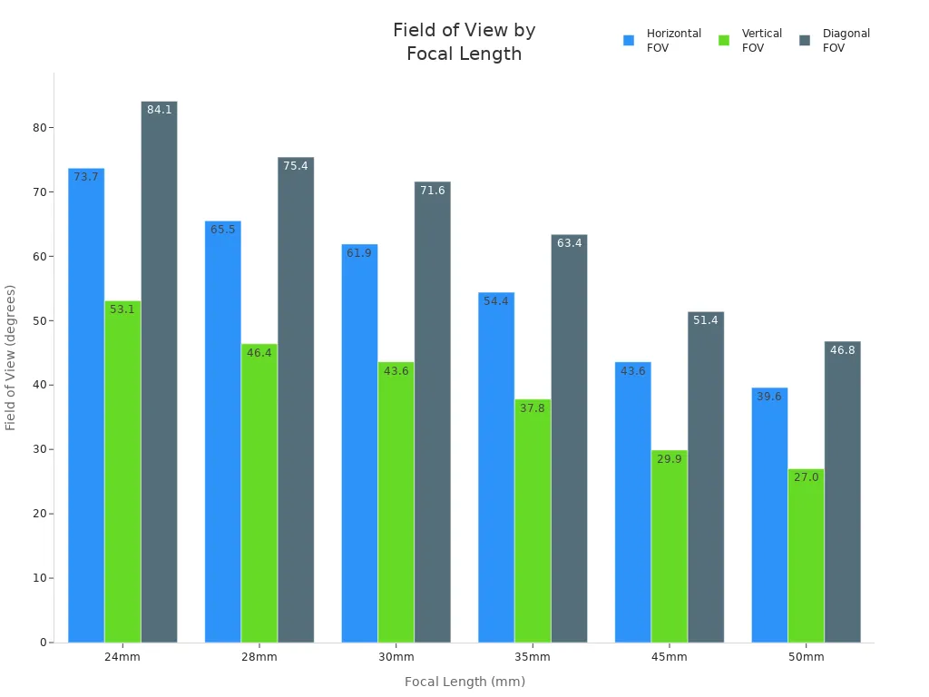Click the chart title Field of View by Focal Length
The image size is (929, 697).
click(464, 42)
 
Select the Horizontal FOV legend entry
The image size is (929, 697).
click(662, 41)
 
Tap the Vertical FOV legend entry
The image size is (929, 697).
click(750, 41)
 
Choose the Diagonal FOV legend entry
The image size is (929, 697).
click(835, 41)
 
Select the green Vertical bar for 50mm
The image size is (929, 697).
click(806, 555)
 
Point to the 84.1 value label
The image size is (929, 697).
click(160, 110)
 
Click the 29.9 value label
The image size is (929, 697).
click(670, 459)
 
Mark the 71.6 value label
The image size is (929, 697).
click(433, 191)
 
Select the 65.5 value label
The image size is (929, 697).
click(223, 230)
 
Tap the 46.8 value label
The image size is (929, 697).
click(842, 350)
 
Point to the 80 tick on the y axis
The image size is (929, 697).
click(40, 128)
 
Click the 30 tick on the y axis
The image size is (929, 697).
click(40, 449)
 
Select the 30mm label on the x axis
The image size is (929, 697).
click(396, 657)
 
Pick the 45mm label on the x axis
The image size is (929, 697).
click(670, 657)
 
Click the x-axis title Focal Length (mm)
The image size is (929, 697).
click(464, 682)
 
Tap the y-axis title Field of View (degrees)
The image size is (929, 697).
click(11, 358)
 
